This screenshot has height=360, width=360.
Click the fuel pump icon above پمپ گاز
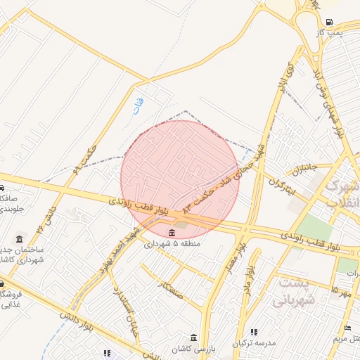[x=330, y=22]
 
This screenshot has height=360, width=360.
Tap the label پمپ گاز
[x=328, y=32]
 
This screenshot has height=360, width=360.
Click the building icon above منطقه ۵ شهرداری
[x=172, y=233]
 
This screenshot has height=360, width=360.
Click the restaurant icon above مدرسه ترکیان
[x=254, y=332]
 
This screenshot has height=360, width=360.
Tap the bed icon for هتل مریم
[x=348, y=328]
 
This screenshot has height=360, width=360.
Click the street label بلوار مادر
[x=248, y=281]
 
